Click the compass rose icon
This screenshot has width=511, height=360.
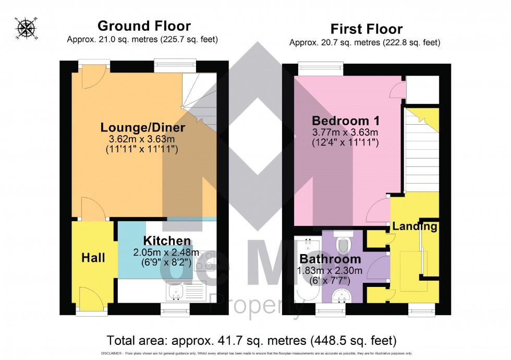pyautogui.click(x=23, y=29)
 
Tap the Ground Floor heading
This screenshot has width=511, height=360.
pyautogui.click(x=144, y=26)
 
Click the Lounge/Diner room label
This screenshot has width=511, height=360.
pyautogui.click(x=142, y=127)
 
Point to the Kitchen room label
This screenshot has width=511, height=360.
pyautogui.click(x=167, y=241)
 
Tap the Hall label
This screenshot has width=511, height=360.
pyautogui.click(x=93, y=258)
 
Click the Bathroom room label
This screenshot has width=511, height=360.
pyautogui.click(x=330, y=259)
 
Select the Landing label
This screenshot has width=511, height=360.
pyautogui.click(x=415, y=226)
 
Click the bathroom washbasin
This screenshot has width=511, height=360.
pyautogui.click(x=342, y=297)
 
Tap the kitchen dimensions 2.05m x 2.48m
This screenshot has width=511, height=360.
pyautogui.click(x=163, y=253)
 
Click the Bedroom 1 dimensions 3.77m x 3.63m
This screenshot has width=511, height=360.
pyautogui.click(x=344, y=131)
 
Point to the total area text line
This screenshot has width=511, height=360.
pyautogui.click(x=251, y=341)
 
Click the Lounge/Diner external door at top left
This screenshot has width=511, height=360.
pyautogui.click(x=94, y=77)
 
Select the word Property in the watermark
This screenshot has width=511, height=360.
pyautogui.click(x=256, y=304)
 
